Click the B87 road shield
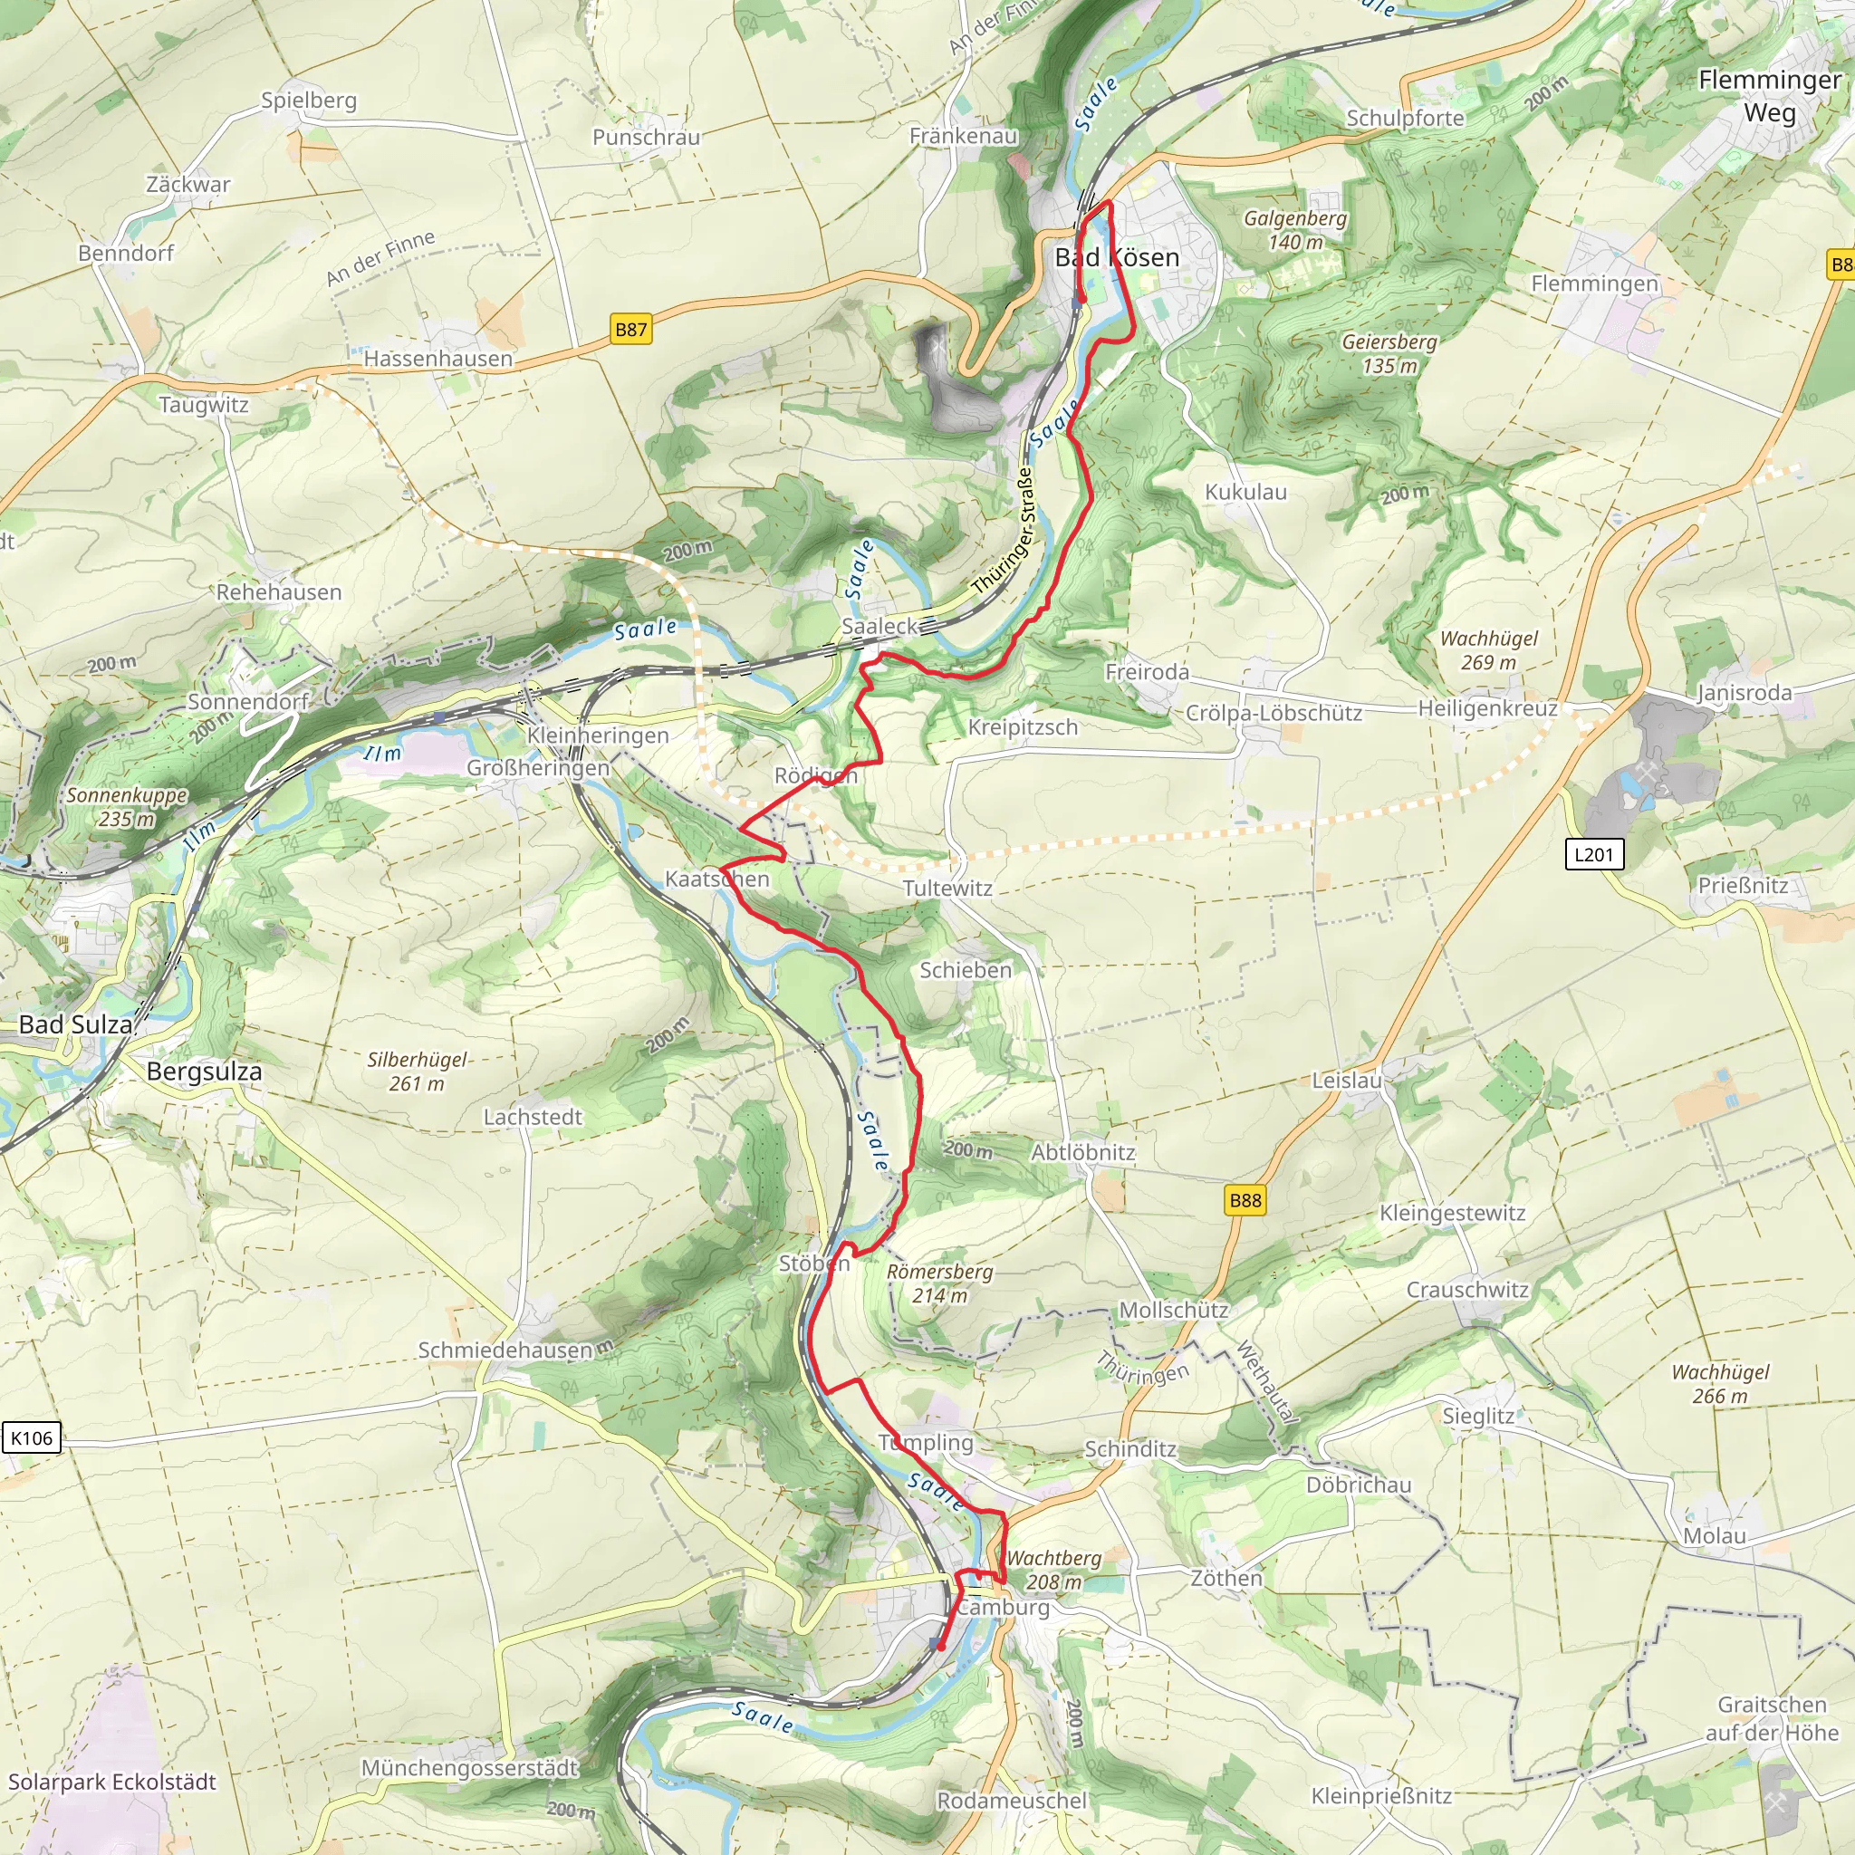630,330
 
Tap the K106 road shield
32,1437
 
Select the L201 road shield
1594,853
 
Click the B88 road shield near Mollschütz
1245,1200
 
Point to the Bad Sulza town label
76,1024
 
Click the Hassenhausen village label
437,358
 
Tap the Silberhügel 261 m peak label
417,1072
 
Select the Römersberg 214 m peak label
939,1283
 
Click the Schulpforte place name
1405,118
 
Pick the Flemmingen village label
1594,284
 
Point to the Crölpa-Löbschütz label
1274,713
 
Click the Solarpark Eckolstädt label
112,1781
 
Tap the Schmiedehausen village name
505,1350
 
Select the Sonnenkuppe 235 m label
126,806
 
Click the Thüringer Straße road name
1004,530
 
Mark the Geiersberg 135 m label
1389,353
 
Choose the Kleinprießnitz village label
1380,1795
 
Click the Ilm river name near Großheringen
382,754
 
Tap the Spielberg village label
308,100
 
